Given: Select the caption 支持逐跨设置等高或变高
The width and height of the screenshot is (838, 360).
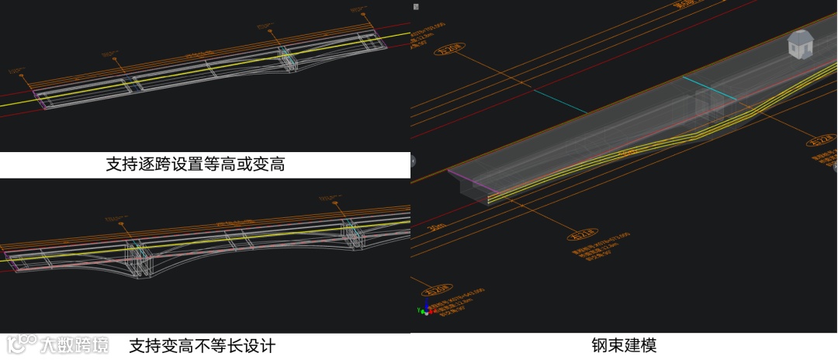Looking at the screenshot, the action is coord(196,165).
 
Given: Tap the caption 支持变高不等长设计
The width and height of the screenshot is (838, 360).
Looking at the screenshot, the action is coord(202,345).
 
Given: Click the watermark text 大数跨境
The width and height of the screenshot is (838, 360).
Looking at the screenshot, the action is coord(74,344).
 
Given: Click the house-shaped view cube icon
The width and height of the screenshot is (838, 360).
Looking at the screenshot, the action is coord(799,44).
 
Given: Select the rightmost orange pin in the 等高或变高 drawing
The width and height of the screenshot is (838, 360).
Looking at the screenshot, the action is coord(358,11).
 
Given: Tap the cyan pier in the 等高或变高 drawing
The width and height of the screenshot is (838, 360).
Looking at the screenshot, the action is coord(286,58).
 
